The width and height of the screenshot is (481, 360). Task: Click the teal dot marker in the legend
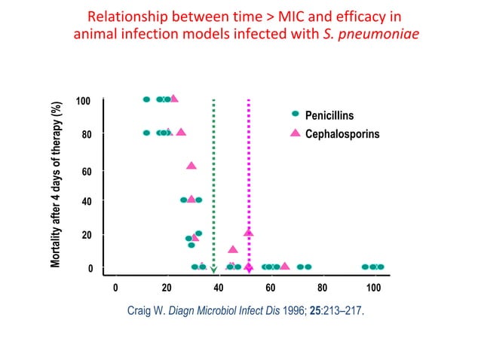pos(296,114)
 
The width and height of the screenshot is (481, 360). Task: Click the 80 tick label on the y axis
pos(86,136)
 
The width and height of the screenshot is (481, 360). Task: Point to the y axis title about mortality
pos(57,185)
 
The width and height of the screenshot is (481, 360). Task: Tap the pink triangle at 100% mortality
pos(174,99)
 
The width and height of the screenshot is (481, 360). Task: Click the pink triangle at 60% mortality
pos(191,165)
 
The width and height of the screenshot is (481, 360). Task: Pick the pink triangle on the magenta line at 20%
pos(249,233)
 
